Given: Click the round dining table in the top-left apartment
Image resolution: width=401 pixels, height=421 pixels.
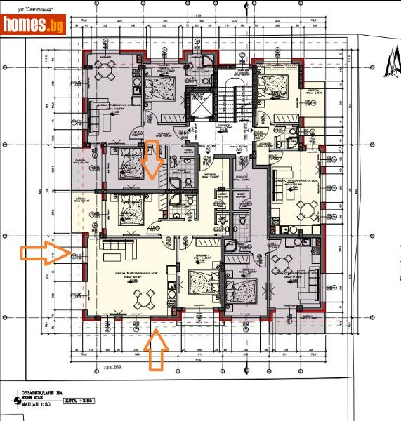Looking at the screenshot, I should [x=105, y=70].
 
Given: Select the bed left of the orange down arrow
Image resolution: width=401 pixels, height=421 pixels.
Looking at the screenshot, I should [x=129, y=163].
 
